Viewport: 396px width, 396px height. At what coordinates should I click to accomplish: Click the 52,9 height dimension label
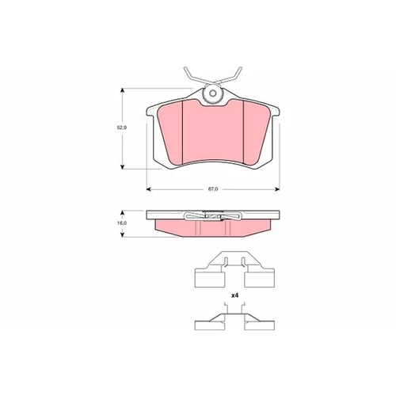tap(122, 128)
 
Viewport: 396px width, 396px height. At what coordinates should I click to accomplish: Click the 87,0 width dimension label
tap(213, 189)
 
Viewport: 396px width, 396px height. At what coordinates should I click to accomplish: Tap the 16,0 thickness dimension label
tap(122, 223)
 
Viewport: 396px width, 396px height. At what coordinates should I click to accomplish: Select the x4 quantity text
tap(234, 295)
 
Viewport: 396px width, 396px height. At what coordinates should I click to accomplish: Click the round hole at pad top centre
tap(213, 93)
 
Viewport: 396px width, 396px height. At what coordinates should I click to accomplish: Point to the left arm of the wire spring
tap(195, 76)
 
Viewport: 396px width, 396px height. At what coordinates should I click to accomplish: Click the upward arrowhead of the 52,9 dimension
tap(122, 90)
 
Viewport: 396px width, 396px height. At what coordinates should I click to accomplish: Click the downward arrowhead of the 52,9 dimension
tap(122, 166)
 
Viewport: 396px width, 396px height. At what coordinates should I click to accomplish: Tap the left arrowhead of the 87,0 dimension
tap(149, 189)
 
